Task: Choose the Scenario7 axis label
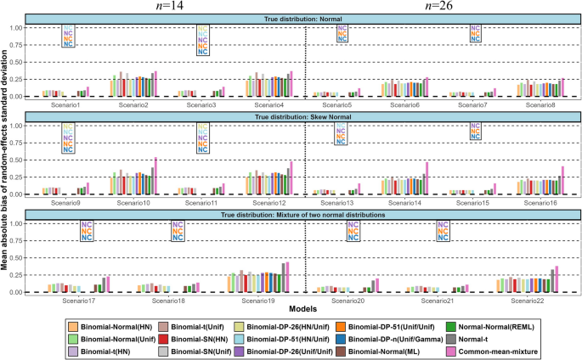tap(471, 104)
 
